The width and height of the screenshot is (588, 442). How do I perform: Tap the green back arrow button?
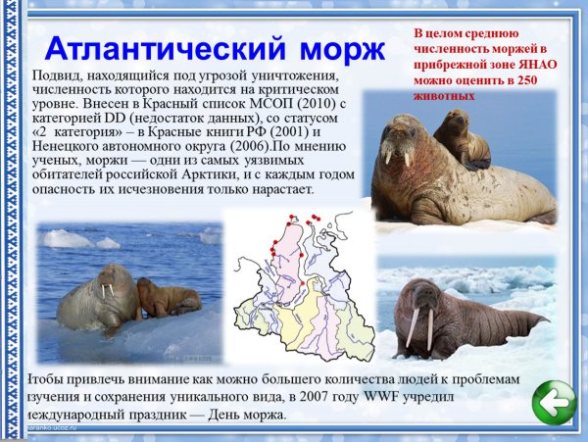point(553,403)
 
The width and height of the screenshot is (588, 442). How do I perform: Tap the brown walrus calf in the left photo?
point(165,297)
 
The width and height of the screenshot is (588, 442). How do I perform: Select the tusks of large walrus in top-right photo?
point(397,156)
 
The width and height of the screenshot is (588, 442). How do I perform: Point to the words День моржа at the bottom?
point(245,414)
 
